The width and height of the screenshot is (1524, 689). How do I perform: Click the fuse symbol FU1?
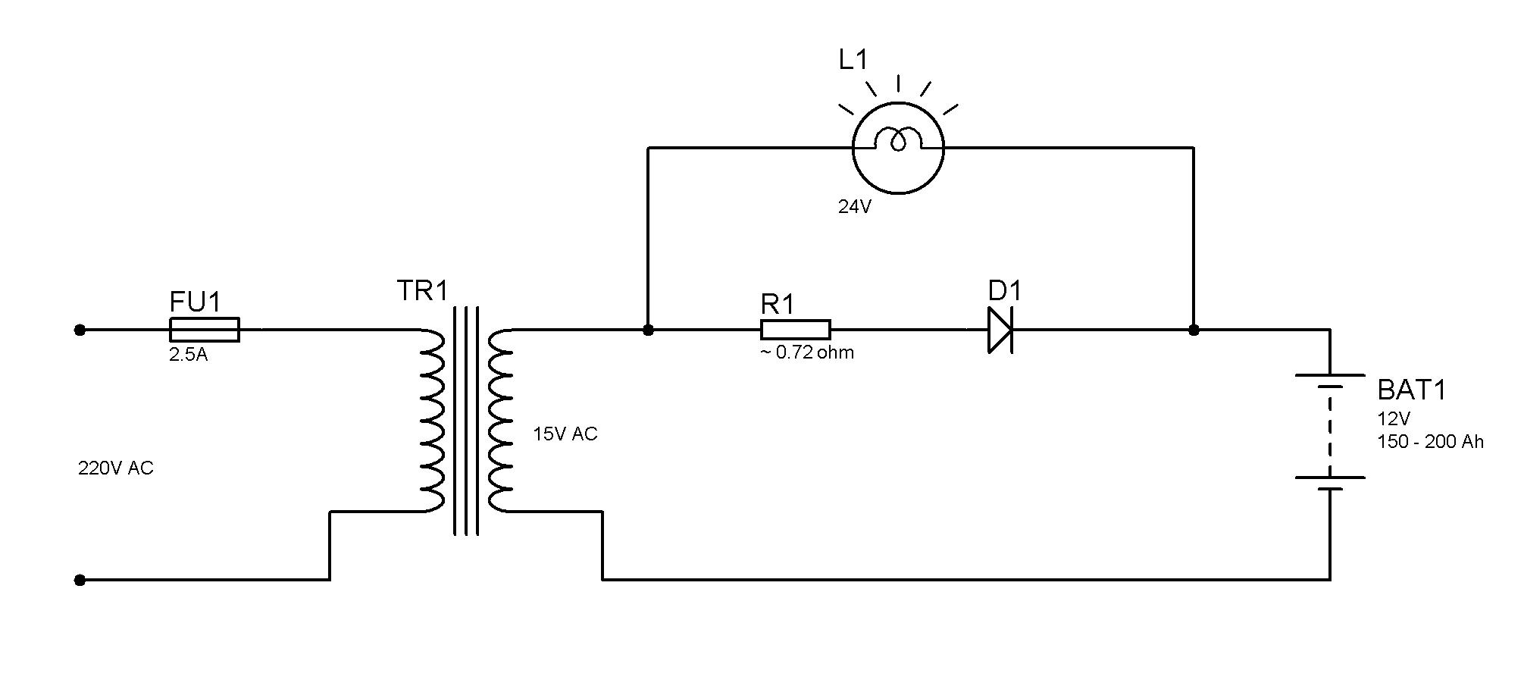click(204, 330)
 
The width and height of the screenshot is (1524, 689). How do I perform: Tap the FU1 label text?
click(195, 302)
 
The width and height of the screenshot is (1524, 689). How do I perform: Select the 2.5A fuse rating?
click(188, 354)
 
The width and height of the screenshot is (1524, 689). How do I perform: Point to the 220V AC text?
click(116, 468)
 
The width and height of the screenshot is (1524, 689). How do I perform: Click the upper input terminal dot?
click(80, 330)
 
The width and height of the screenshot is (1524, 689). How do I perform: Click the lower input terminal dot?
click(80, 580)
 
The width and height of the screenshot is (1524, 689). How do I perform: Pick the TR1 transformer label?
click(423, 290)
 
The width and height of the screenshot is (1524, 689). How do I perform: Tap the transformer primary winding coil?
click(432, 421)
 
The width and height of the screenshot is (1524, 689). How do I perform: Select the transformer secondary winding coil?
click(500, 421)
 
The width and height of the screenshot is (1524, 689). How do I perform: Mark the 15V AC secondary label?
click(565, 434)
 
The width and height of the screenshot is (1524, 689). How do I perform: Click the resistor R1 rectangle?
click(796, 330)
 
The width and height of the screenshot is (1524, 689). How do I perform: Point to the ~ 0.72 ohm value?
click(807, 352)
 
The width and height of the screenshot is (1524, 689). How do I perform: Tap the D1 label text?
click(1005, 290)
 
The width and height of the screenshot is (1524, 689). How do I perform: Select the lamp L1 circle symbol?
click(898, 148)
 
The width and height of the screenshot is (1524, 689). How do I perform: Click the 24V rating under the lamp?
click(855, 206)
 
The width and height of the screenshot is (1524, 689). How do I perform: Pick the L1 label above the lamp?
click(853, 59)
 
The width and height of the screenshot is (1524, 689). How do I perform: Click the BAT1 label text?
click(1412, 390)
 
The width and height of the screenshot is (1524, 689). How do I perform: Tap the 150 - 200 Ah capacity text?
click(1430, 442)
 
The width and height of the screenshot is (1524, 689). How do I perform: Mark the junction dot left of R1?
click(648, 330)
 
